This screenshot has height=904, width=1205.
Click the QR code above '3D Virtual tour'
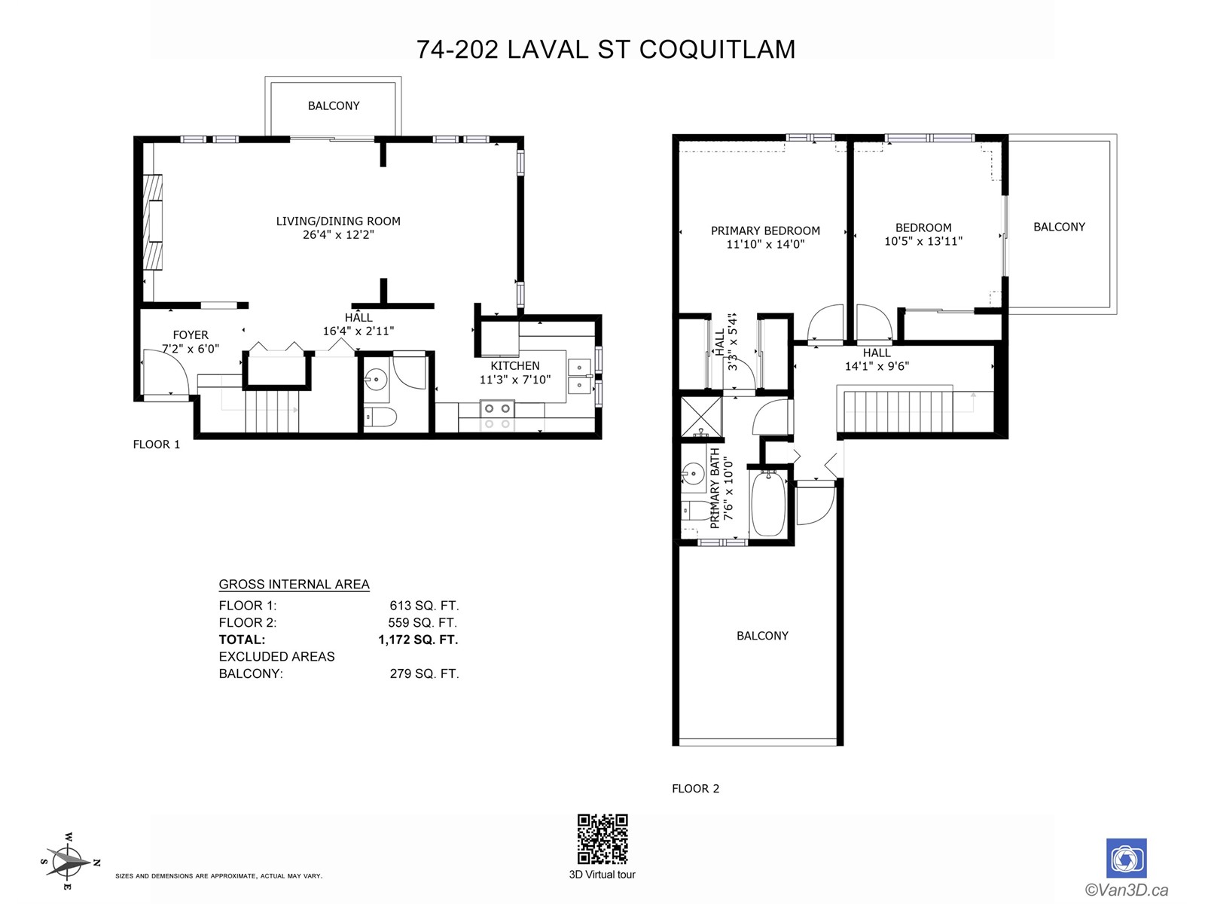click(x=602, y=838)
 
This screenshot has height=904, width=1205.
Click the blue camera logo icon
click(x=1126, y=858)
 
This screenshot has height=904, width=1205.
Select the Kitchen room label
click(x=515, y=366)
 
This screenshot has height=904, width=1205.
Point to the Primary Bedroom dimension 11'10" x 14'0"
click(x=765, y=245)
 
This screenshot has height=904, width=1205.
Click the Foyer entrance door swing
click(x=164, y=372)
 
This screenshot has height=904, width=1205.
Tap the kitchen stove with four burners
click(x=497, y=415)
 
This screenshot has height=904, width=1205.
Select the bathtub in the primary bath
click(x=768, y=503)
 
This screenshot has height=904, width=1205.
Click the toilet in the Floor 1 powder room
click(x=380, y=417)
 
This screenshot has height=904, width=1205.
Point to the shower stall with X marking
click(x=700, y=417)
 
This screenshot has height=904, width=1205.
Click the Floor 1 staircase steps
click(x=271, y=411)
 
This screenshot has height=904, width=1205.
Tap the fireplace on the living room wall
click(x=153, y=222)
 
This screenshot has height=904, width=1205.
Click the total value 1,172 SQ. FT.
click(x=418, y=640)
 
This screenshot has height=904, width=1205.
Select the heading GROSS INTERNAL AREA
click(x=294, y=585)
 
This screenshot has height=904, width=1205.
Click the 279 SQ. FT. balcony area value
click(x=424, y=673)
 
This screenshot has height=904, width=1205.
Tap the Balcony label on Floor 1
click(x=334, y=106)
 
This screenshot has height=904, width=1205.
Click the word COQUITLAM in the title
click(x=717, y=50)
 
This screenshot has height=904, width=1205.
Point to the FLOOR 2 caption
click(x=695, y=789)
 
